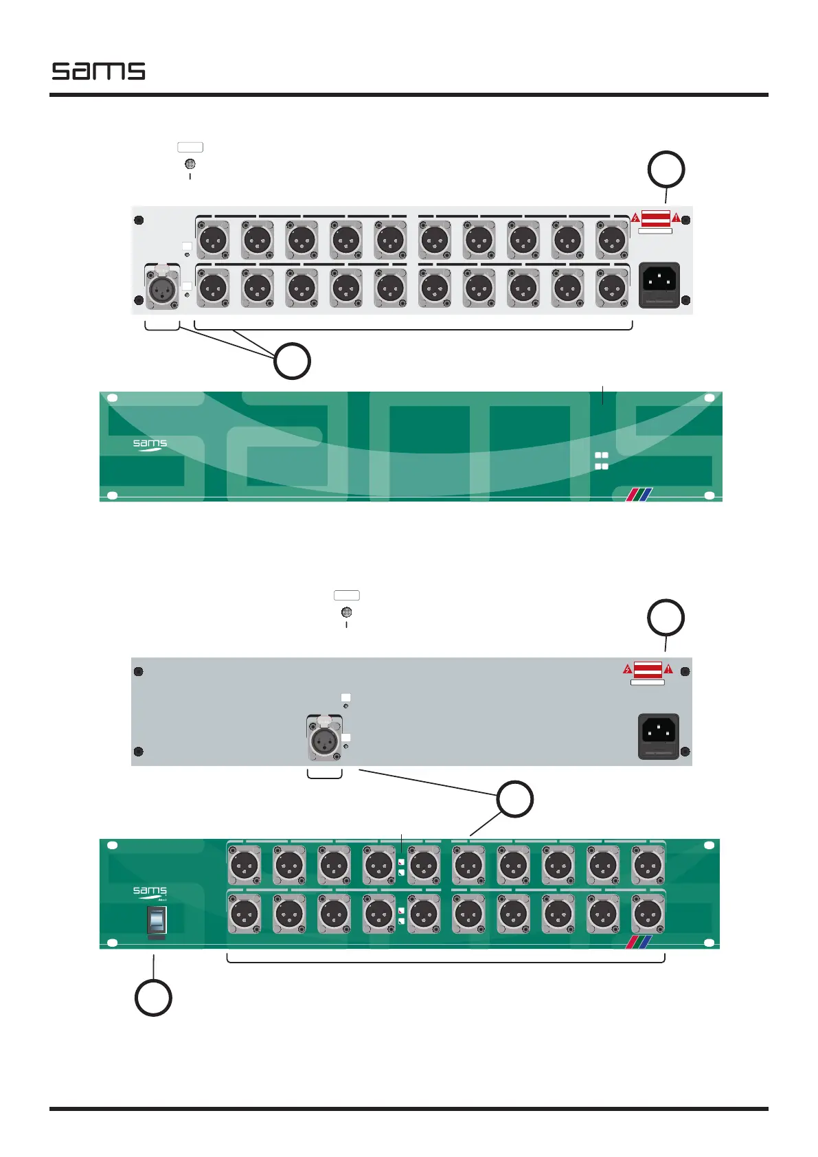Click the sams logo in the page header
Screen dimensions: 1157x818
point(98,71)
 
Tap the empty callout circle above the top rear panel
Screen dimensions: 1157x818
point(666,170)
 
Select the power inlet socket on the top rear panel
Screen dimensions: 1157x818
point(659,284)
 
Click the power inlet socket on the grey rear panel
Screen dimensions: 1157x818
point(659,736)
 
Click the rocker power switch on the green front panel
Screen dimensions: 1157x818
point(157,920)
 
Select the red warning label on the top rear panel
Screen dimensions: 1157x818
point(655,218)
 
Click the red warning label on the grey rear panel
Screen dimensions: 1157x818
point(647,669)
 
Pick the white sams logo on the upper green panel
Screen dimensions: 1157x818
point(150,445)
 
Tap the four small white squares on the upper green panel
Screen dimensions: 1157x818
point(601,461)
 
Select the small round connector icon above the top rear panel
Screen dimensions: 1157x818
point(190,164)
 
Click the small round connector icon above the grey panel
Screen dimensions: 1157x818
point(346,612)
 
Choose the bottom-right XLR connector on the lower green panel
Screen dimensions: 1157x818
point(647,914)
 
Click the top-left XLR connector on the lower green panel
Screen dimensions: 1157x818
point(244,864)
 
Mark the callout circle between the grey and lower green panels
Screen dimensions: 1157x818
point(515,800)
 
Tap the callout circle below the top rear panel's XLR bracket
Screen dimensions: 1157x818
point(292,361)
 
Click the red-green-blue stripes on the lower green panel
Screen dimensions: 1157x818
point(636,941)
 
